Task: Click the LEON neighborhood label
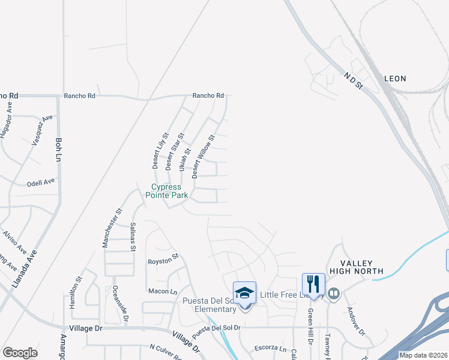(395, 79)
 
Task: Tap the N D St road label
(354, 81)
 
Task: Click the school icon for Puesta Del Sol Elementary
(244, 293)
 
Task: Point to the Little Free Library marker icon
(334, 294)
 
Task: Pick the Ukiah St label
(182, 160)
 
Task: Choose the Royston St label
(163, 259)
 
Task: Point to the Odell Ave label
(41, 181)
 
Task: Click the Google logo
(20, 352)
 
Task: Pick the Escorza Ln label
(270, 347)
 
